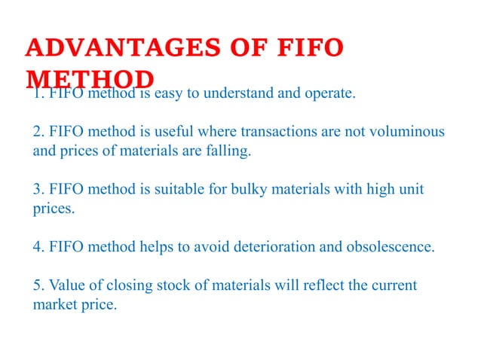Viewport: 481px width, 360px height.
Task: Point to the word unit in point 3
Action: coord(410,189)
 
